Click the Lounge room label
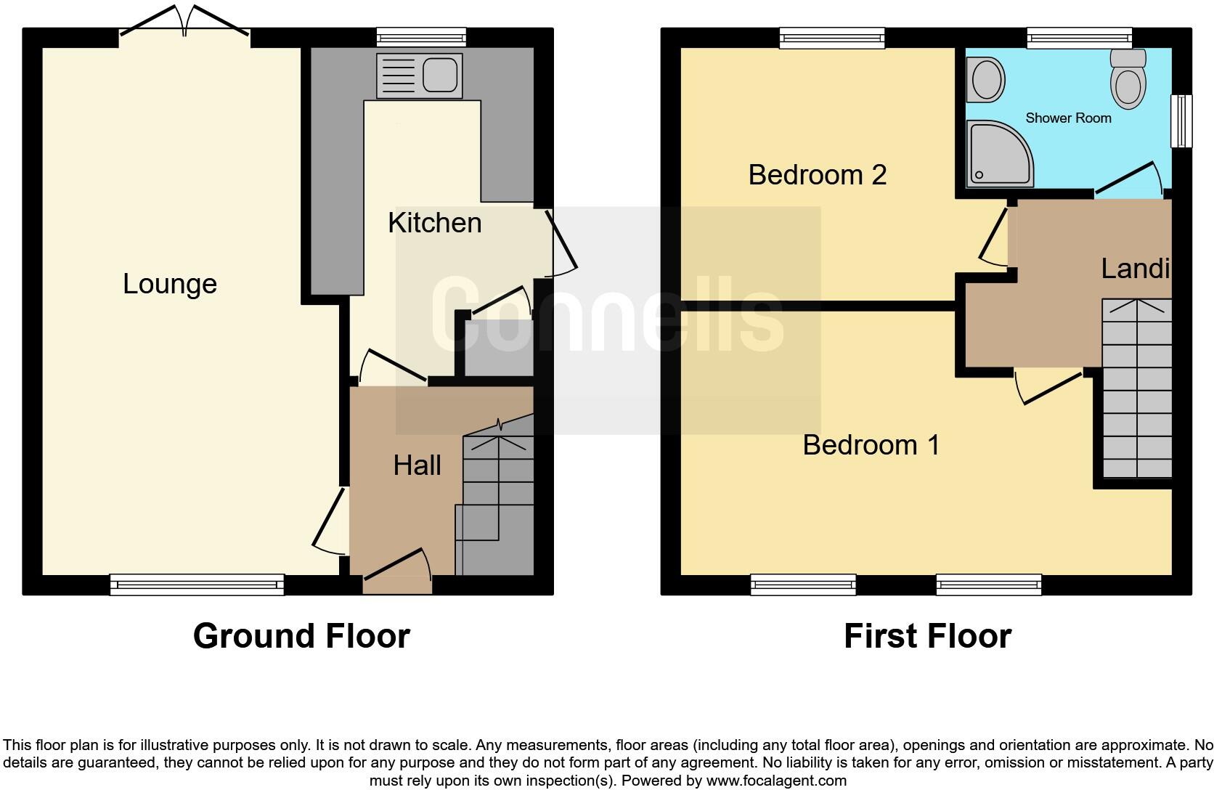click(x=169, y=284)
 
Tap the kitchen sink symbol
click(x=420, y=75)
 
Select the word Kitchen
click(x=434, y=223)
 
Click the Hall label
click(x=417, y=465)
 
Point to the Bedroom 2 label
click(x=817, y=175)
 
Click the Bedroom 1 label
click(x=871, y=444)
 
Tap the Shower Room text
click(x=1067, y=118)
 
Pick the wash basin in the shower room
click(x=986, y=81)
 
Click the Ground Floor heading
click(x=301, y=636)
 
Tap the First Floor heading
click(x=927, y=636)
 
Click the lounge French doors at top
click(x=185, y=22)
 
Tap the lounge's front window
click(x=197, y=584)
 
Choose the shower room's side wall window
click(x=1182, y=121)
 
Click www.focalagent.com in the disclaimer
click(x=775, y=781)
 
